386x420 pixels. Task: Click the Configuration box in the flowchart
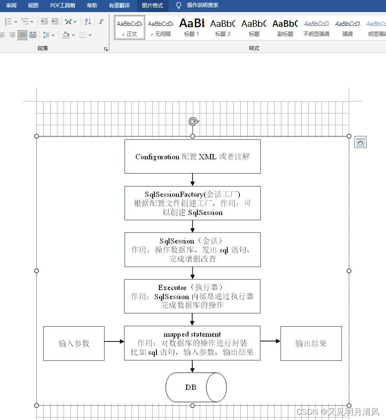click(x=192, y=156)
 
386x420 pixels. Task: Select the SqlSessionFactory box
click(x=192, y=203)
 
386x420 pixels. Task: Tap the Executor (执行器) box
click(x=192, y=296)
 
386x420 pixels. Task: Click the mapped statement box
click(x=192, y=343)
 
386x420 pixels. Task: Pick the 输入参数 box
click(x=74, y=343)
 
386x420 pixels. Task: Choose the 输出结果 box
click(x=311, y=343)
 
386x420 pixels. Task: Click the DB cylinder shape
click(x=196, y=387)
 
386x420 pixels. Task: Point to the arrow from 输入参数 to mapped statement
click(x=114, y=341)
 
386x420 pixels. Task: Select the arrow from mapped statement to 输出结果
click(x=270, y=341)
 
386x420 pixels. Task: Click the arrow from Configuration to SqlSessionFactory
click(x=192, y=180)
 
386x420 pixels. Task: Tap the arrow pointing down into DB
click(x=192, y=366)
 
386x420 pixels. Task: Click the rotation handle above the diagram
click(x=193, y=121)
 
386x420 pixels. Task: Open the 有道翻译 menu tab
click(x=119, y=6)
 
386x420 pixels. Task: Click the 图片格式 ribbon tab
click(x=153, y=6)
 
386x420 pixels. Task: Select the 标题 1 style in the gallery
click(x=192, y=27)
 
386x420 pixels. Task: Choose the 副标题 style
click(x=285, y=27)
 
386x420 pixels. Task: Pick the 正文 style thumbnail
click(x=130, y=27)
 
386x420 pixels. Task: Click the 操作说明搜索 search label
click(x=202, y=6)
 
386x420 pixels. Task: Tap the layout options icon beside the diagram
click(x=360, y=142)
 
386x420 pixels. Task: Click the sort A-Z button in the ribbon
click(x=88, y=21)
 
